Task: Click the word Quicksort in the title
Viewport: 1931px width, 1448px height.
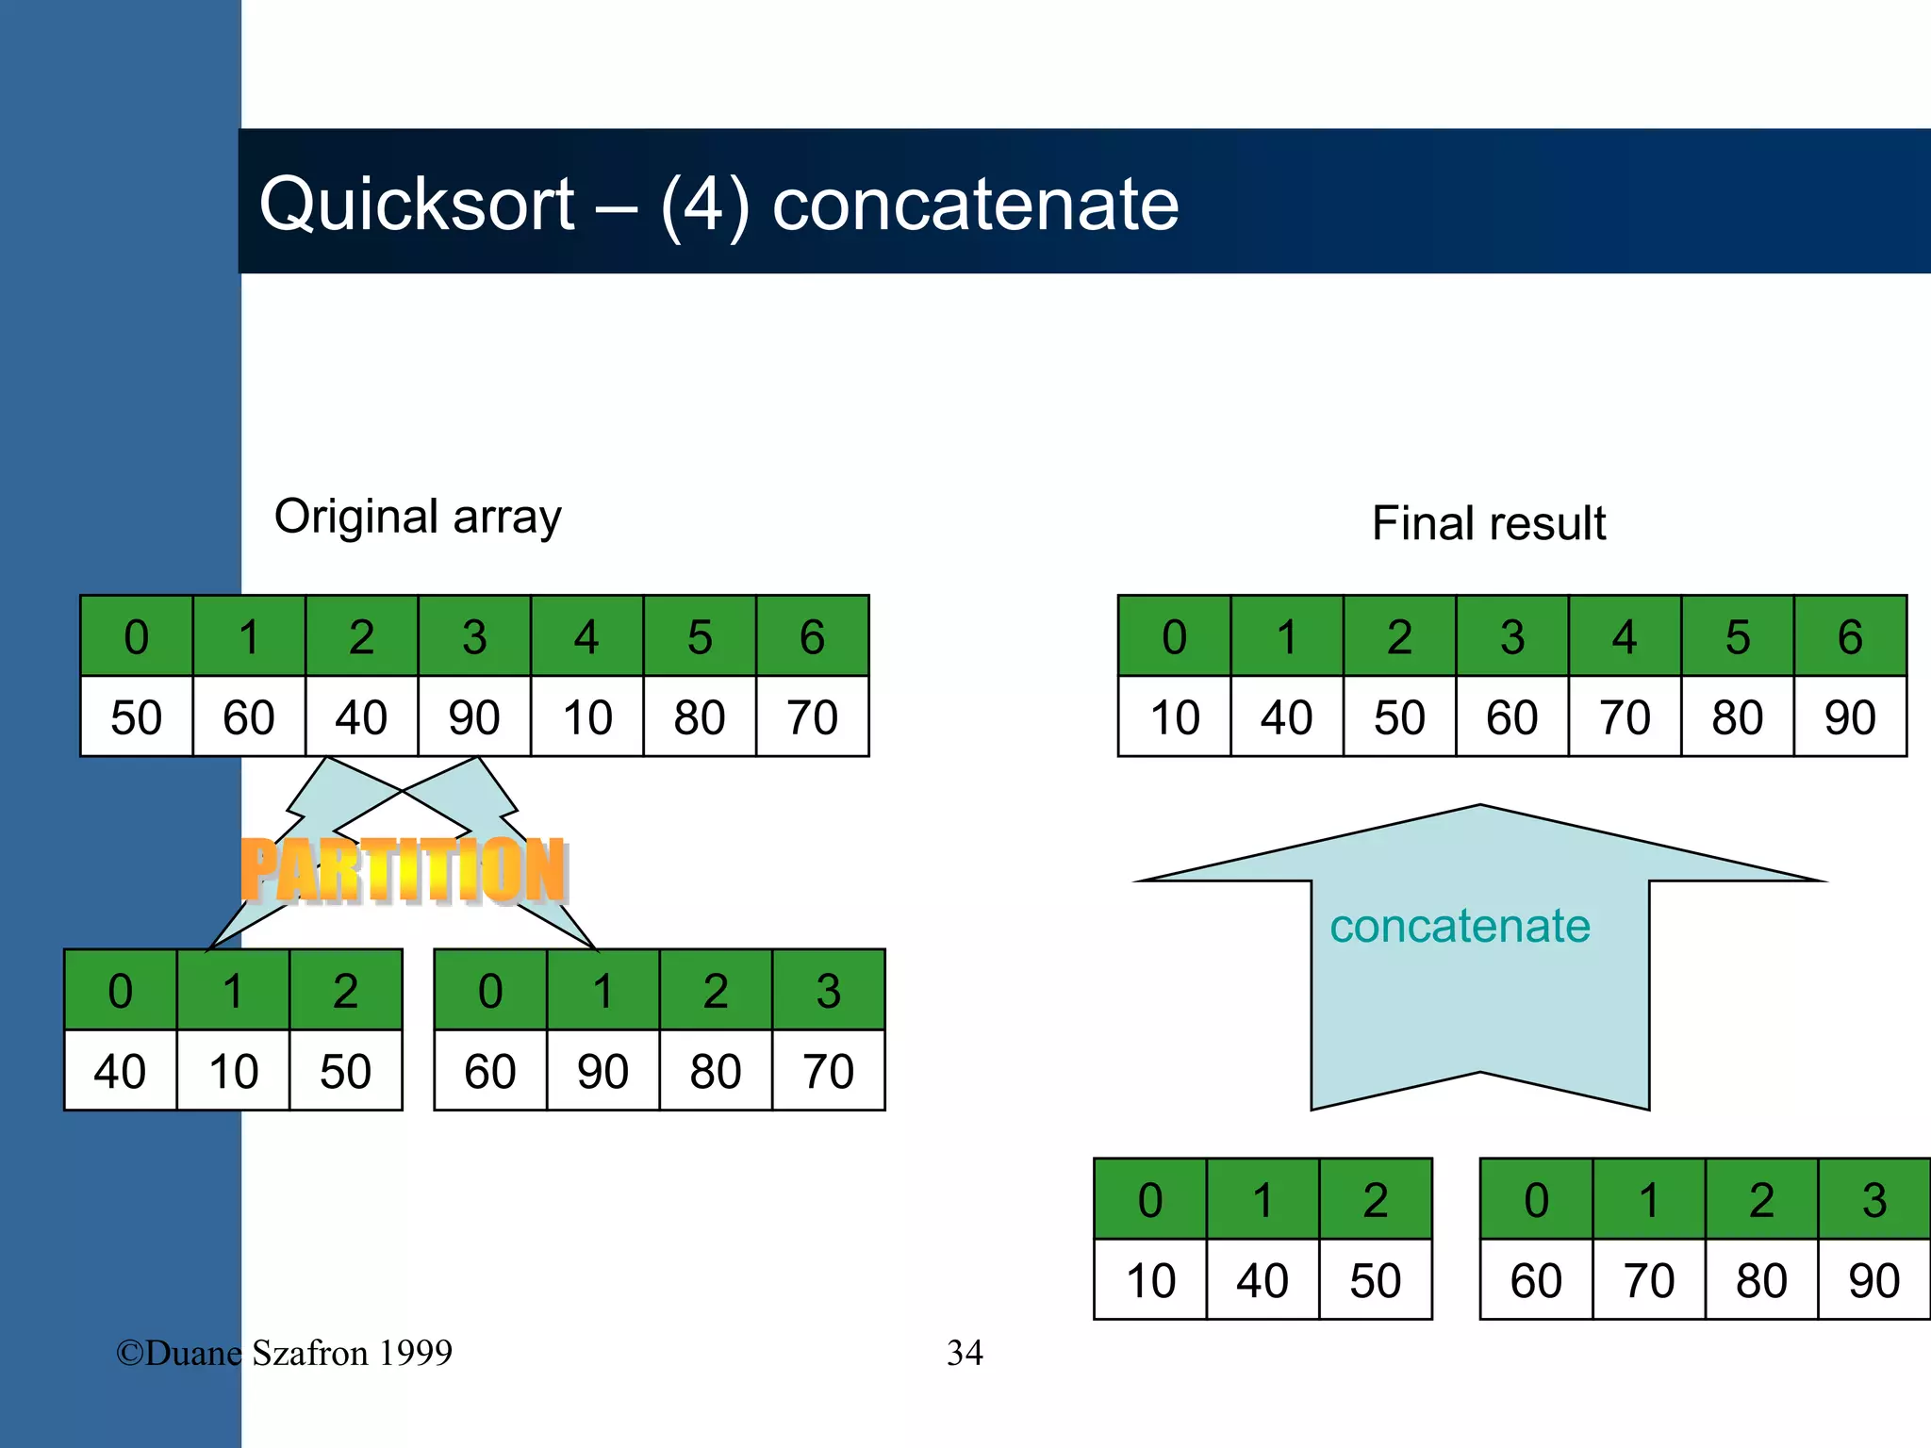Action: (416, 205)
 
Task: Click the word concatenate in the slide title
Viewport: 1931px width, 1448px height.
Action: (975, 205)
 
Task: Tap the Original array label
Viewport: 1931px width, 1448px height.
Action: (418, 517)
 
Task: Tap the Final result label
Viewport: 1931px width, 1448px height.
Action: (1488, 523)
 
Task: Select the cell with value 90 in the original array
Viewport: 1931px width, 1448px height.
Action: (473, 717)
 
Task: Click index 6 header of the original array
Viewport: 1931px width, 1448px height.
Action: (812, 637)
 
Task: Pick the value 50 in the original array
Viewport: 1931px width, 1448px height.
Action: (136, 717)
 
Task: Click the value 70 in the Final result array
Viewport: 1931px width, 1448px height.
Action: (1624, 717)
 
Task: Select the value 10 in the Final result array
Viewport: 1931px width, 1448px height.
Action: (1174, 717)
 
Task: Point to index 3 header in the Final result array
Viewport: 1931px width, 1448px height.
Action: (1511, 637)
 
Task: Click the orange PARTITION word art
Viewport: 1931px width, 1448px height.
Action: (403, 870)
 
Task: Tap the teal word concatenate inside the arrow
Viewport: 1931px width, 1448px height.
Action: (1460, 926)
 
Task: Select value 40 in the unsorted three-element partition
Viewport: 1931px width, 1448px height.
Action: (120, 1072)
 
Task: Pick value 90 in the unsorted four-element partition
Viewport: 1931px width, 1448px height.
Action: (602, 1072)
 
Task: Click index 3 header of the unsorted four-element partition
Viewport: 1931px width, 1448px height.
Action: (828, 991)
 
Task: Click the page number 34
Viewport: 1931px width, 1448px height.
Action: (965, 1353)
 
